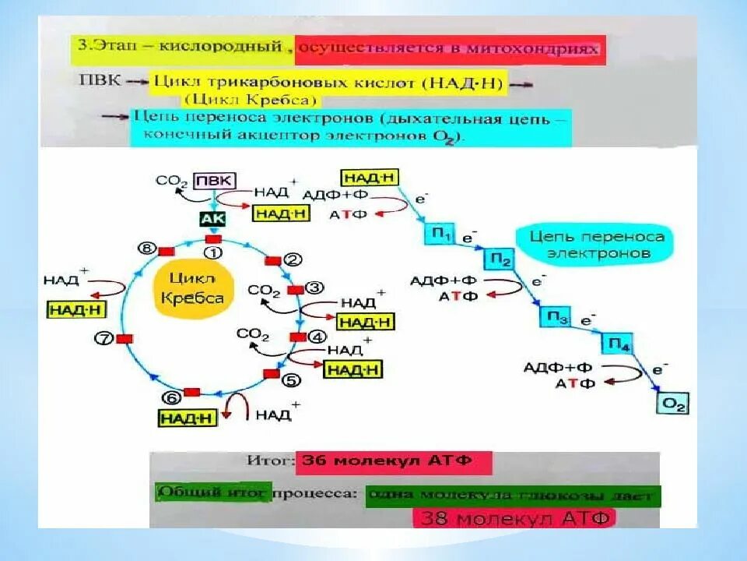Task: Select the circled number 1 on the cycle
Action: [212, 253]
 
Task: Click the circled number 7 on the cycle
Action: [103, 338]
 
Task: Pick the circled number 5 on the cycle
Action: [290, 381]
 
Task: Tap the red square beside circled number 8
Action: [166, 251]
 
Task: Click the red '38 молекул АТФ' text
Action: [514, 517]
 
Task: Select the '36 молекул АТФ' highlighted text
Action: [393, 460]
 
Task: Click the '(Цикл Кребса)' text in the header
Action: [251, 100]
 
